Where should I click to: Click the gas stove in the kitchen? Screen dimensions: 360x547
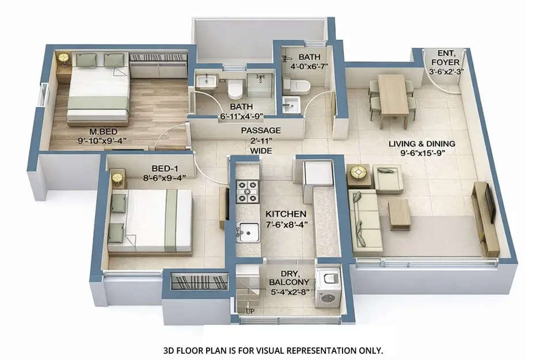point(248,192)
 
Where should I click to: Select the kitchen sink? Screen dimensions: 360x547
point(249,232)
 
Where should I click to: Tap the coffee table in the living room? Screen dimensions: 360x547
point(399,214)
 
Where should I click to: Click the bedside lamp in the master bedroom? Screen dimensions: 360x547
point(63,58)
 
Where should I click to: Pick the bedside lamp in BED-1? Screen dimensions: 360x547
point(117,178)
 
